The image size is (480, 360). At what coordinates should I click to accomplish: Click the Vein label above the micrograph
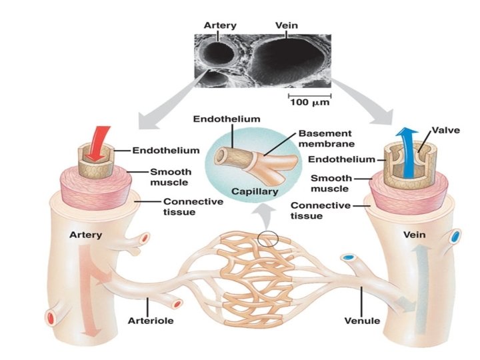click(x=286, y=25)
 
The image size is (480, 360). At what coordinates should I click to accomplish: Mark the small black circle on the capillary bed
click(x=266, y=239)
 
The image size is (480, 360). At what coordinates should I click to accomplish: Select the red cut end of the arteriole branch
click(x=177, y=304)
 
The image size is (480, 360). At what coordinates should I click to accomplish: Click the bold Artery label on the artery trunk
click(x=85, y=235)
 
